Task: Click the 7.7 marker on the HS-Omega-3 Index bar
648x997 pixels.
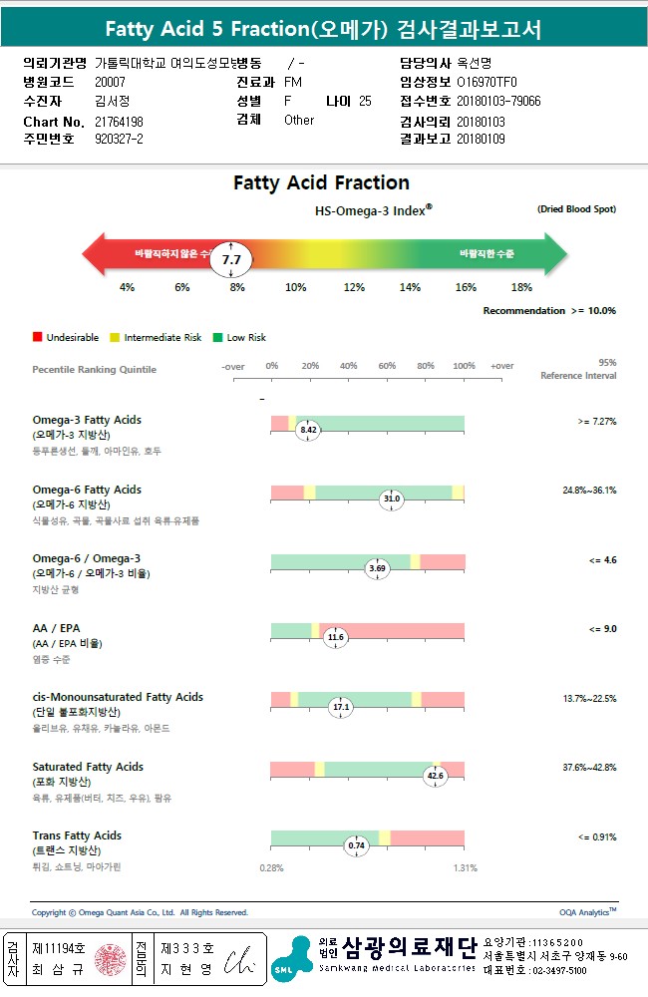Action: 232,259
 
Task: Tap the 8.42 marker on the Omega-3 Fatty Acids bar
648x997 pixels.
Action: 308,430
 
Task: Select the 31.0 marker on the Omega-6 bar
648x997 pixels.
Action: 392,498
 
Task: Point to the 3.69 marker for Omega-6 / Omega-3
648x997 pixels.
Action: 377,568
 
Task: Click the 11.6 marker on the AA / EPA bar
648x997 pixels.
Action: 335,637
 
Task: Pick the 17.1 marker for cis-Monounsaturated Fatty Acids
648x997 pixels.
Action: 341,707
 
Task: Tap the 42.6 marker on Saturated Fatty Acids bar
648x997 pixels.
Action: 435,776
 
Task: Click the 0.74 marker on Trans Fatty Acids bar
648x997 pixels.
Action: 356,845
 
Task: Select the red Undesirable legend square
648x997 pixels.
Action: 37,338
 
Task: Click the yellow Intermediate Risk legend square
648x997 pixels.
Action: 115,338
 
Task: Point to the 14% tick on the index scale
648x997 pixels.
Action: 410,287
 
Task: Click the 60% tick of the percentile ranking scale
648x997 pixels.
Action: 387,366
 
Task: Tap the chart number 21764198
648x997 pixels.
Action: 119,122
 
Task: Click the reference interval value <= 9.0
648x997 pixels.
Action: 602,629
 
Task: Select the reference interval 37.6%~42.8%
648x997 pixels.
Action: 589,768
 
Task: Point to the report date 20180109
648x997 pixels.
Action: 481,140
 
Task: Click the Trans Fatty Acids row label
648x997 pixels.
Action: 77,835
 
